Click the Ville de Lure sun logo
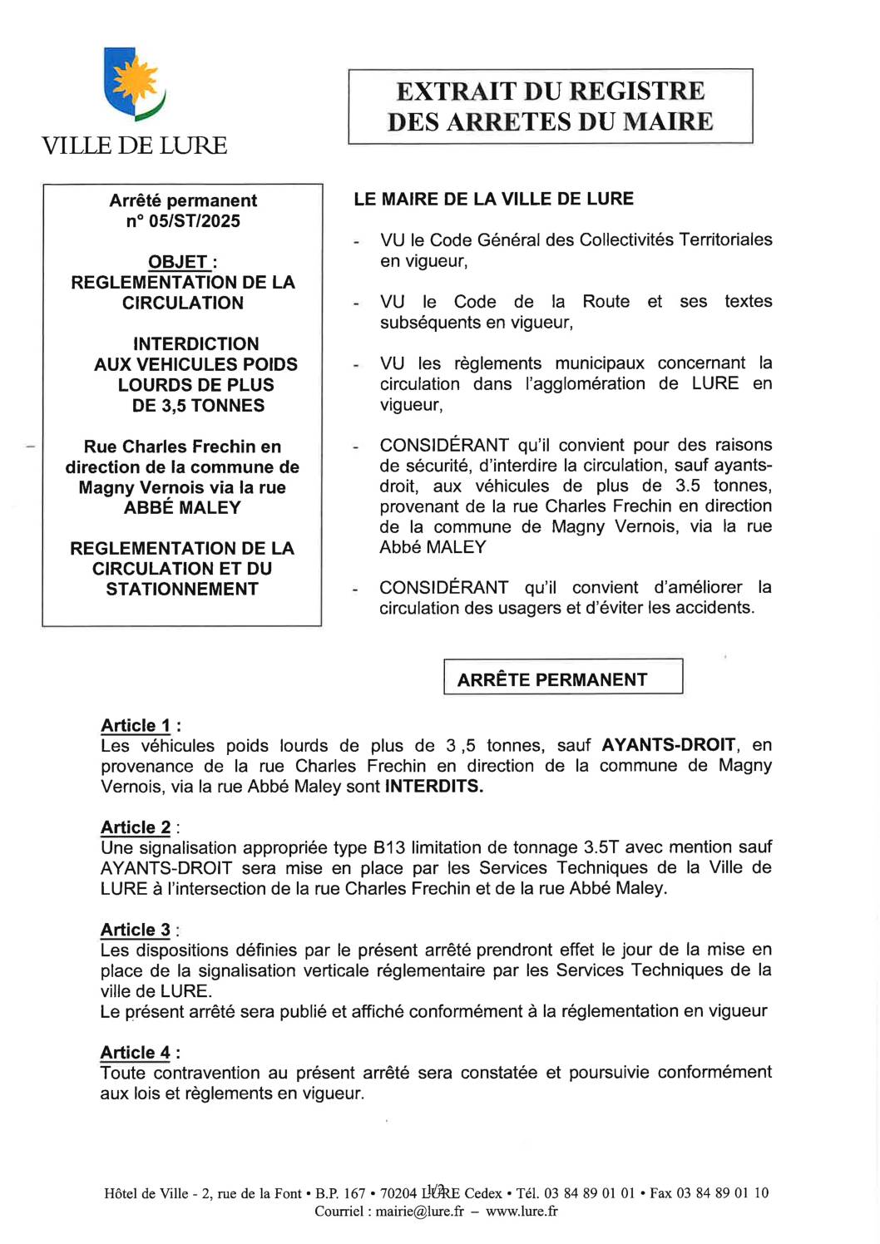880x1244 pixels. coord(134,83)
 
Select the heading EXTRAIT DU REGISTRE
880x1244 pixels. coord(550,91)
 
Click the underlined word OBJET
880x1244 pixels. coord(178,262)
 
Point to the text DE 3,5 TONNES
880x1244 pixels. coord(198,406)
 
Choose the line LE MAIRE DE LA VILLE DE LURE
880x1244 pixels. coord(493,199)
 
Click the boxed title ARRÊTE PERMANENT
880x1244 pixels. coord(551,679)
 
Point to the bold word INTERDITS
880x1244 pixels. coord(433,786)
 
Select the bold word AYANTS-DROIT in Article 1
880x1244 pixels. coord(669,745)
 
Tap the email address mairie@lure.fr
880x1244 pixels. coord(419,1212)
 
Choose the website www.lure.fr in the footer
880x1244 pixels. coord(522,1212)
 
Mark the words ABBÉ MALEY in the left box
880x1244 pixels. coord(182,507)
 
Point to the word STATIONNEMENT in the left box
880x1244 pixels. coord(182,589)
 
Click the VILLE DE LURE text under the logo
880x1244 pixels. coord(134,146)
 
